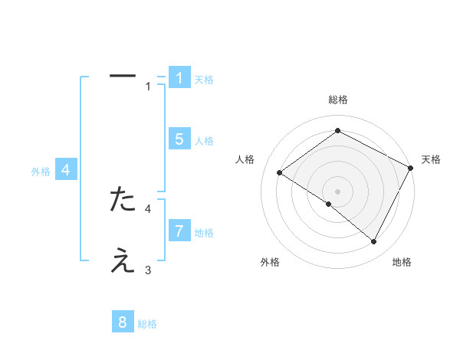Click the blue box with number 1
(179, 77)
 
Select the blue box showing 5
(179, 139)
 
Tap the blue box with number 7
(179, 231)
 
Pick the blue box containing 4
(66, 170)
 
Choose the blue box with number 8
(123, 322)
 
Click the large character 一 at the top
(123, 76)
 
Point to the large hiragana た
(123, 199)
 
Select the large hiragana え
(123, 261)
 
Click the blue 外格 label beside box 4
(41, 172)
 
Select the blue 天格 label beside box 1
(204, 80)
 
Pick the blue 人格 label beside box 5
(204, 141)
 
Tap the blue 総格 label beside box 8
(147, 325)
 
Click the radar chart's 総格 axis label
(337, 100)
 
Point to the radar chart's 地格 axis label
(402, 263)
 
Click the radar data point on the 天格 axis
(411, 168)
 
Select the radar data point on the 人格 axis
(279, 173)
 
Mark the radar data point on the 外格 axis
(329, 205)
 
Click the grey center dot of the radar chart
(337, 191)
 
